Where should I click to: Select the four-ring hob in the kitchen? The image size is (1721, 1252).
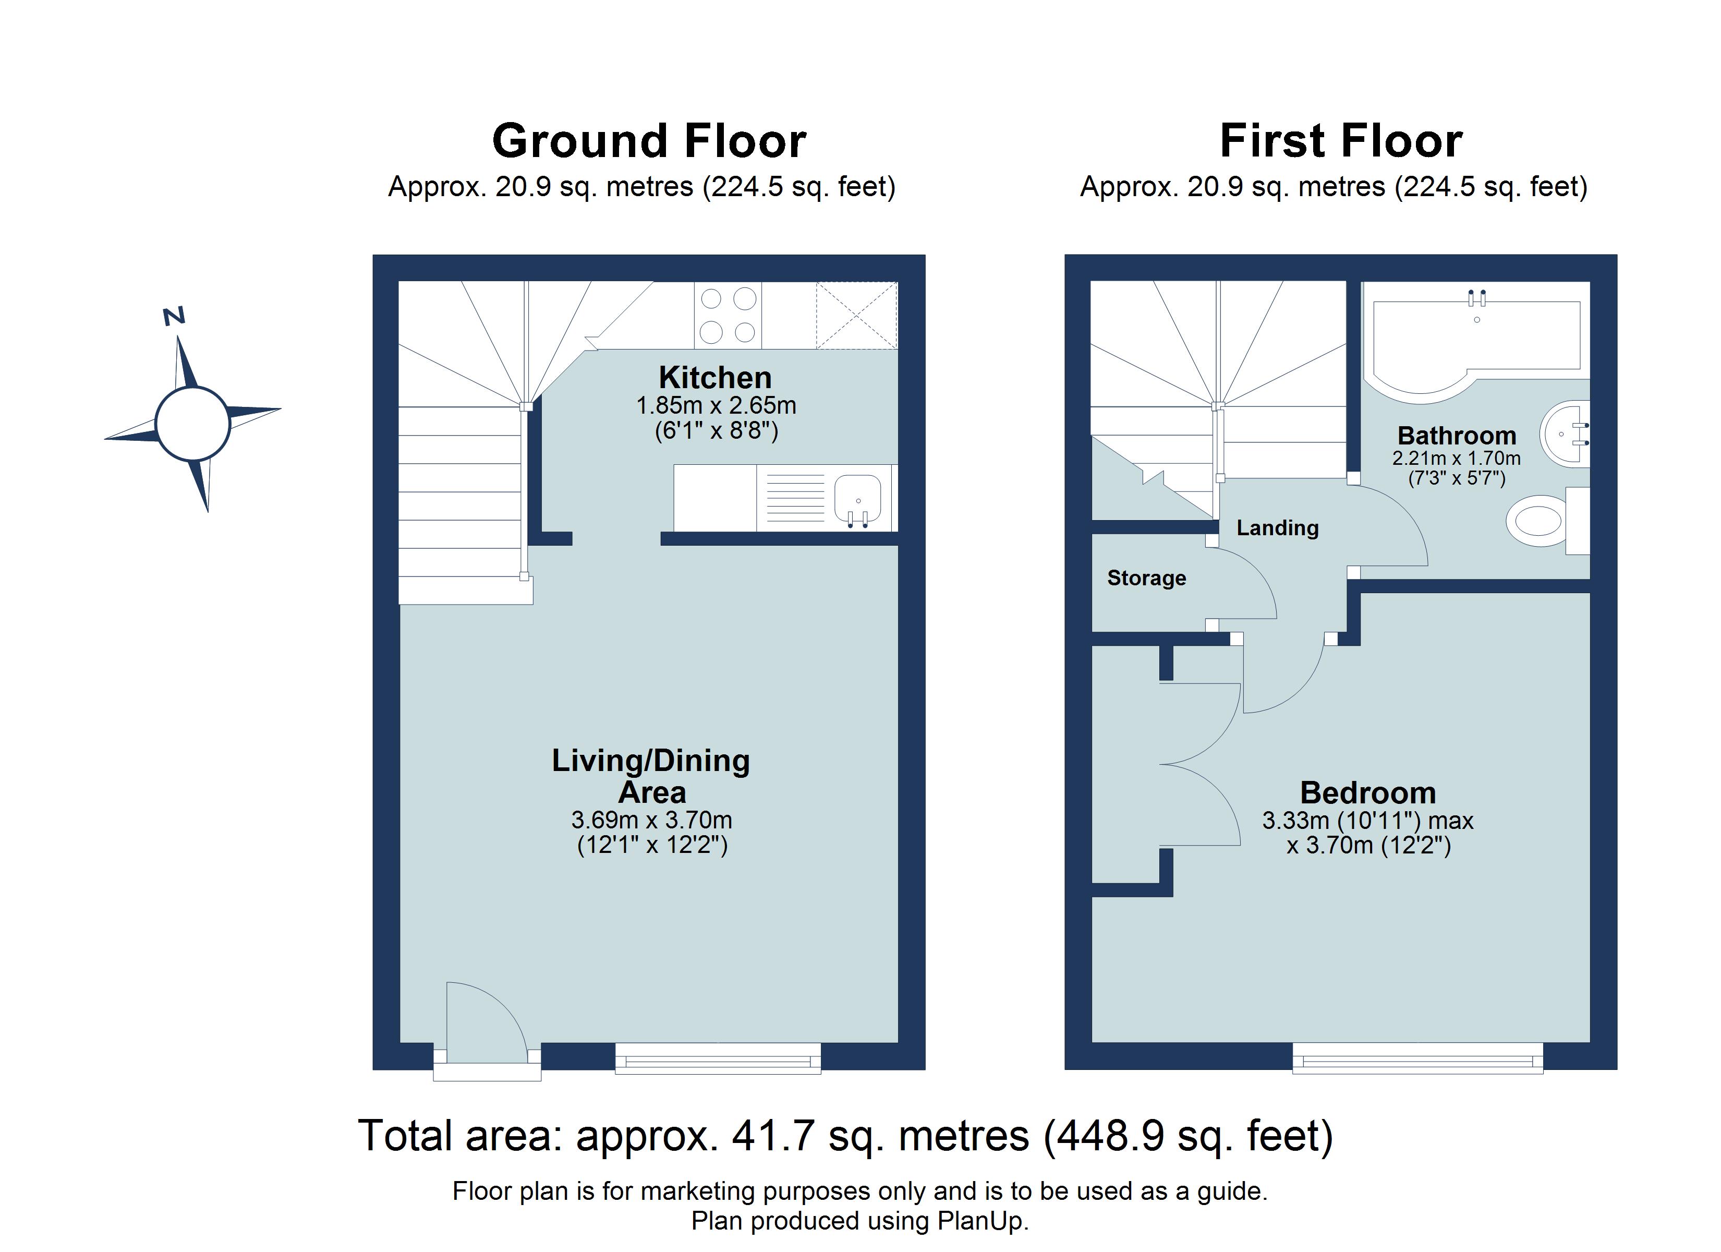[x=727, y=315]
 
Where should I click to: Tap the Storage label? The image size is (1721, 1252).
[x=1146, y=578]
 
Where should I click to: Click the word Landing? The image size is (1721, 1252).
[x=1277, y=528]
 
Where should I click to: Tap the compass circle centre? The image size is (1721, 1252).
[x=193, y=423]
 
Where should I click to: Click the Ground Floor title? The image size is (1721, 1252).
[x=649, y=141]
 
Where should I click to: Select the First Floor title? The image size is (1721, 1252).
[x=1341, y=141]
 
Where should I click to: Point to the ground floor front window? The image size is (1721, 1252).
[x=717, y=1057]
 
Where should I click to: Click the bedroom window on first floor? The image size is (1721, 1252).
[x=1417, y=1057]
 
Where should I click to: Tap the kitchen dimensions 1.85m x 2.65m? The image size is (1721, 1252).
[x=716, y=405]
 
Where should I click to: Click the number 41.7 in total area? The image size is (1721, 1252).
[x=772, y=1137]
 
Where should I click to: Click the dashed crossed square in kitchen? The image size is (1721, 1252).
[x=856, y=315]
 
